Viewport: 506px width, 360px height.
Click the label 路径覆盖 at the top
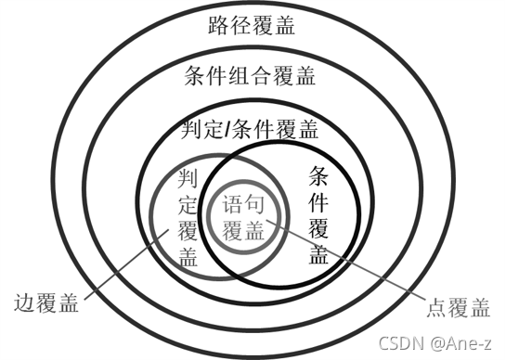click(x=252, y=25)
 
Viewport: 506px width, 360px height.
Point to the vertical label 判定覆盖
click(x=188, y=216)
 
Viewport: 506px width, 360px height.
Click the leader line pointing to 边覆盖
click(x=121, y=270)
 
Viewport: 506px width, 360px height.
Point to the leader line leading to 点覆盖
click(x=362, y=269)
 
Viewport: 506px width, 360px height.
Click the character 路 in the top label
click(x=218, y=25)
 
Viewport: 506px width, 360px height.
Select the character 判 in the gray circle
click(x=188, y=177)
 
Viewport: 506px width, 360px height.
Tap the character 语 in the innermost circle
click(x=235, y=202)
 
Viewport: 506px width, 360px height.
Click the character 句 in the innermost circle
click(x=260, y=202)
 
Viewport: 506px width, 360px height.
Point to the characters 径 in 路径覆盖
click(x=240, y=25)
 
